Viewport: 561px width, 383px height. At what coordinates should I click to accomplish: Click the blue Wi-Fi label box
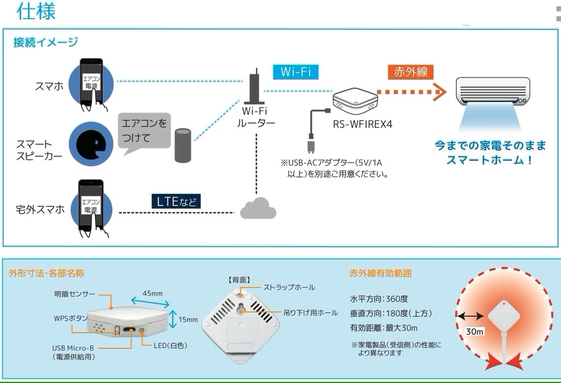[296, 72]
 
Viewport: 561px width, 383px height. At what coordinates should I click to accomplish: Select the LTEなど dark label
[176, 202]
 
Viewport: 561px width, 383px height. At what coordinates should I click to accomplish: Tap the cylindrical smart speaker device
[183, 145]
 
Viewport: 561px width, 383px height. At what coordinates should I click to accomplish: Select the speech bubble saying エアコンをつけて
[144, 131]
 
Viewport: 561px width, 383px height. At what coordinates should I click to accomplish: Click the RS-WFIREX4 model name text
[363, 124]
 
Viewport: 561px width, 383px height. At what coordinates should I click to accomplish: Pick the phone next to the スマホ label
[92, 86]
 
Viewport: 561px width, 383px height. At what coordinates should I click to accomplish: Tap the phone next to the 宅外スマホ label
[92, 208]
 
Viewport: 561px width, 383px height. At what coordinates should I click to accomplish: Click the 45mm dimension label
[153, 294]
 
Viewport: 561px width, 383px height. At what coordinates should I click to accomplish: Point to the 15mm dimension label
[188, 320]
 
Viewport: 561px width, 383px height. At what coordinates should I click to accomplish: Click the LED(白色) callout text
[171, 346]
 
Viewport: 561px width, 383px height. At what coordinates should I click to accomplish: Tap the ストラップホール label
[289, 287]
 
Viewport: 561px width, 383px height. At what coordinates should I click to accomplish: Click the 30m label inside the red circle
[475, 331]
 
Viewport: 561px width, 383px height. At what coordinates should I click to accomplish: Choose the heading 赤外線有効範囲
[380, 273]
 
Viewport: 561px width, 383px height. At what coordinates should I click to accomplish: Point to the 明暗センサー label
[75, 294]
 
